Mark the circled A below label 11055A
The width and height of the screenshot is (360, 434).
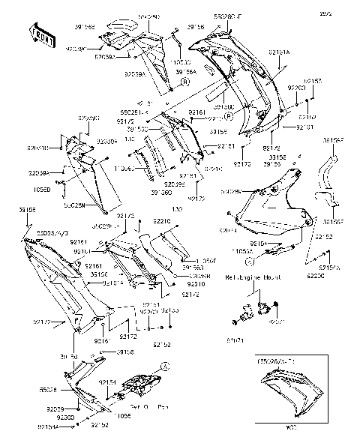coord(249,263)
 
